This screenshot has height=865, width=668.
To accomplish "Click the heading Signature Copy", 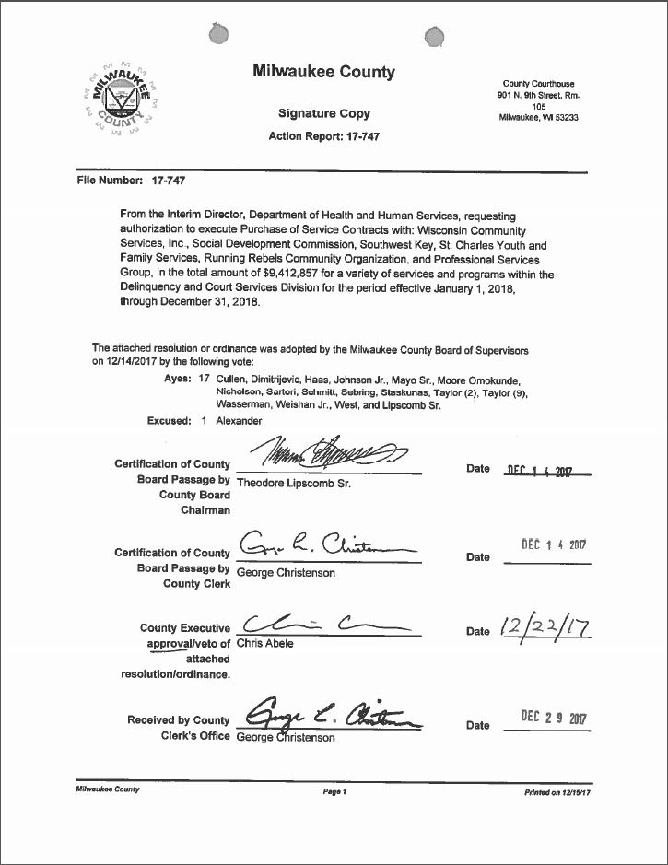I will tap(324, 113).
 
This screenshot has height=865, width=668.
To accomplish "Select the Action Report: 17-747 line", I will tap(323, 136).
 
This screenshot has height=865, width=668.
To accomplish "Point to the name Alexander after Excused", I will tap(240, 421).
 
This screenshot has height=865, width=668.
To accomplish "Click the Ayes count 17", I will tap(205, 380).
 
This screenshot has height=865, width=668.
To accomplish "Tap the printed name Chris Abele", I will tap(265, 644).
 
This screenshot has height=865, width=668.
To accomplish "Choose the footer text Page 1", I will tap(334, 791).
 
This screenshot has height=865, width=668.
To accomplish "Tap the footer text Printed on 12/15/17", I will tap(557, 791).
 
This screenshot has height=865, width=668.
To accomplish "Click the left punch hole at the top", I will tap(219, 35).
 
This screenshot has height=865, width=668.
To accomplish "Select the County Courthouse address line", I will tap(538, 84).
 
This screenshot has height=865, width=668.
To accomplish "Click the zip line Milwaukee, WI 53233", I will tap(538, 118).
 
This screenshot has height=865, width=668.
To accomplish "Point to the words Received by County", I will tap(179, 720).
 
